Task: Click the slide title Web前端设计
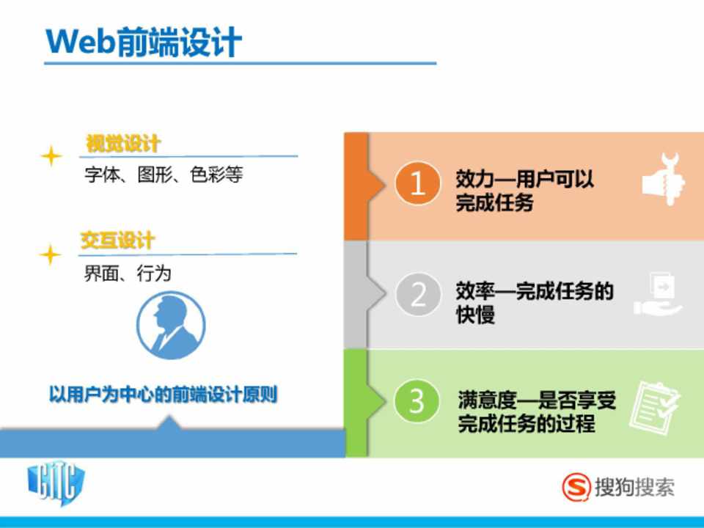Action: click(x=144, y=43)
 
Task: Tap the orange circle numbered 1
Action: click(x=417, y=183)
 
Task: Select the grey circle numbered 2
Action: click(x=417, y=295)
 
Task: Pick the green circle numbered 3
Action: click(x=417, y=401)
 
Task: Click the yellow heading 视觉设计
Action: click(x=122, y=144)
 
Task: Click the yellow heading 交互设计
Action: click(x=117, y=241)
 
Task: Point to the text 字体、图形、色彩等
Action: click(x=164, y=175)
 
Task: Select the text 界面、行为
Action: click(x=128, y=273)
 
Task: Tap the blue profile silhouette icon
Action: click(x=171, y=326)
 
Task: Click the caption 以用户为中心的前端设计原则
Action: click(x=163, y=395)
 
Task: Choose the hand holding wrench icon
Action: click(x=664, y=179)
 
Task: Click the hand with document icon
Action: click(x=658, y=294)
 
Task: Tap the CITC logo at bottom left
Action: click(x=56, y=485)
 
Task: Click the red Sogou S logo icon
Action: click(x=576, y=487)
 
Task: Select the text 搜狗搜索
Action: click(x=634, y=488)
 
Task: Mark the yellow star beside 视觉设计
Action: click(x=51, y=156)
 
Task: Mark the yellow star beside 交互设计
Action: click(x=51, y=254)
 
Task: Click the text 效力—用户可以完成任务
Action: click(x=524, y=191)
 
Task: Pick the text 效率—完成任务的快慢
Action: click(x=535, y=302)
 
